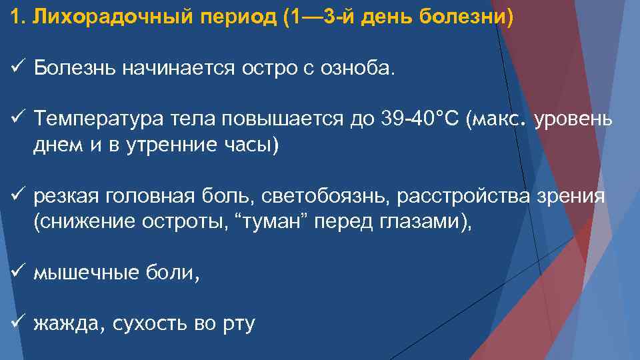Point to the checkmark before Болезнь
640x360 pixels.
pos(18,67)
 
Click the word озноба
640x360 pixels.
pos(366,68)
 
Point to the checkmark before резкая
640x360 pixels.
pos(18,196)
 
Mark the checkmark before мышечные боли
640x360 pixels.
pos(18,272)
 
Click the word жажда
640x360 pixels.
pos(67,325)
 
